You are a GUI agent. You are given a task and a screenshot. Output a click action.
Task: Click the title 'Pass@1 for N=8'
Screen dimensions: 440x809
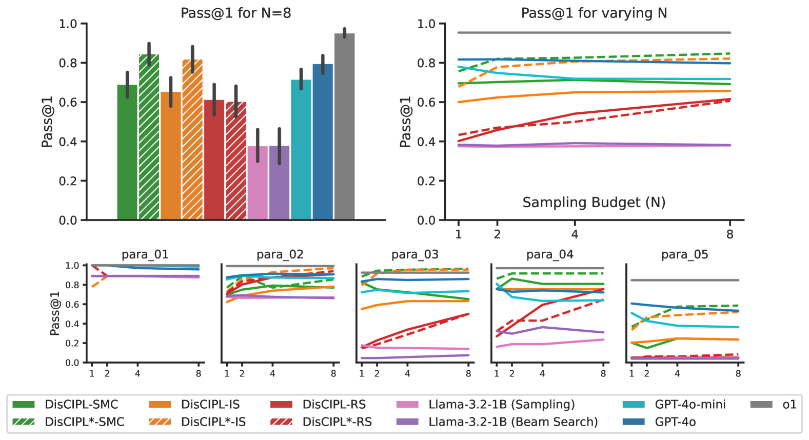(x=235, y=13)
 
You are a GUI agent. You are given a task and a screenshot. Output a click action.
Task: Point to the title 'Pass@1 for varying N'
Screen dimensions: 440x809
(x=594, y=13)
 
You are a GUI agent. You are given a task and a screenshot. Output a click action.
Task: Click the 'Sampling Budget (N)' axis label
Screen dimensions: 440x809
(x=594, y=202)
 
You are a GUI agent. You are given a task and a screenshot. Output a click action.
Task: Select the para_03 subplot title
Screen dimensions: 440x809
(x=415, y=254)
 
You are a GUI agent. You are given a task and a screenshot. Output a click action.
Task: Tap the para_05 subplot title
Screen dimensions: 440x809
(x=685, y=254)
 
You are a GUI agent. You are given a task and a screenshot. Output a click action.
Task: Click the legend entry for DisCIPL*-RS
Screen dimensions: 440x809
(x=337, y=422)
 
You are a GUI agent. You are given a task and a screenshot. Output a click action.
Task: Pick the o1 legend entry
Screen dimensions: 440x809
(x=789, y=405)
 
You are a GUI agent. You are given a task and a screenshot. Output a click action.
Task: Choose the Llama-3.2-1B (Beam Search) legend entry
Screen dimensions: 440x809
(x=513, y=422)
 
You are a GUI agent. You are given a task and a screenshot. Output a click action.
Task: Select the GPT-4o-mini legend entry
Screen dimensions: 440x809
(x=690, y=405)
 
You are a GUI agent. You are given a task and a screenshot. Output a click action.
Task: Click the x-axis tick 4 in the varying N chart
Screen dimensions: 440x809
(x=575, y=234)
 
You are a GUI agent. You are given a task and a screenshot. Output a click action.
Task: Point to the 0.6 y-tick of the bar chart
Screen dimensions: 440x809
(x=68, y=103)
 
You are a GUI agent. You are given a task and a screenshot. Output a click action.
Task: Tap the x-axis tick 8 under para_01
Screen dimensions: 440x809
(x=199, y=374)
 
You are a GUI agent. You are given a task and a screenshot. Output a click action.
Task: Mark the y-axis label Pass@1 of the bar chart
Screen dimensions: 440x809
(x=47, y=122)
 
